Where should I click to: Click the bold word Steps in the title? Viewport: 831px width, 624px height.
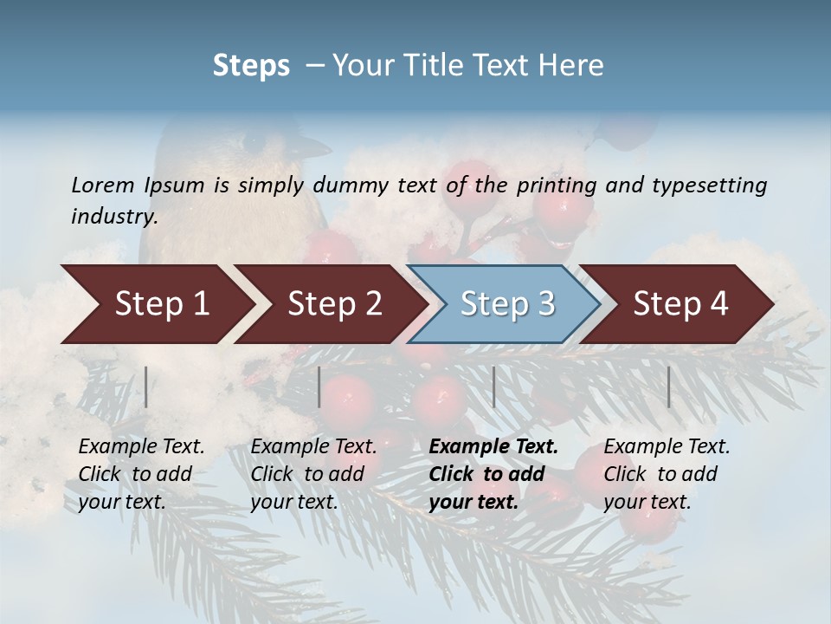(x=251, y=66)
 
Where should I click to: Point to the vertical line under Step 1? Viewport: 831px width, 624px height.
(x=146, y=387)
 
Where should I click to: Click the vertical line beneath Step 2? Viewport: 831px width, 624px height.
(x=319, y=387)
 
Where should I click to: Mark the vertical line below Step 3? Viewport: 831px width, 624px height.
(x=494, y=387)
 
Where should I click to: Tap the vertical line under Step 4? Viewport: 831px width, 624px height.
(x=669, y=387)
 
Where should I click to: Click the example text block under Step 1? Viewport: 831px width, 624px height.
(x=141, y=474)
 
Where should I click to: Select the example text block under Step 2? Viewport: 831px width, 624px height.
(x=313, y=474)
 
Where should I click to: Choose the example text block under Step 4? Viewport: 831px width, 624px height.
(x=667, y=474)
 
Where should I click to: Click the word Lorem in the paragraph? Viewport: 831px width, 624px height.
(x=103, y=185)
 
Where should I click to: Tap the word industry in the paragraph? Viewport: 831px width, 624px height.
(x=114, y=217)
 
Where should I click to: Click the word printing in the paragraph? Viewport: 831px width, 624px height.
(x=557, y=185)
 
